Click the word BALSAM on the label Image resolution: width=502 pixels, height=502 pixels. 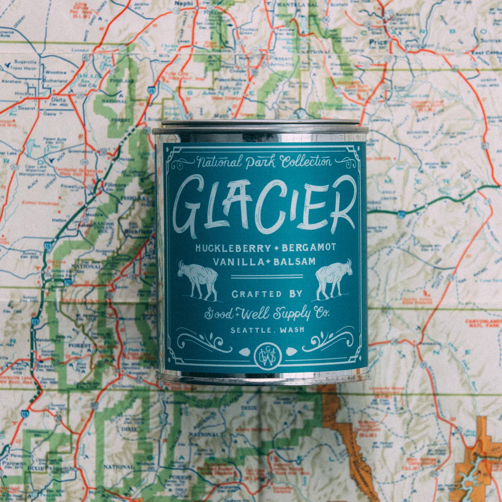(295, 261)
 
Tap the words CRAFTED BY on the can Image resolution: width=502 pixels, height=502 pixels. (267, 294)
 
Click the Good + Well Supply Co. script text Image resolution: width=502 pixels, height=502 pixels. (267, 314)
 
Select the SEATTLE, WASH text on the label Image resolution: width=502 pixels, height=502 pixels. (267, 330)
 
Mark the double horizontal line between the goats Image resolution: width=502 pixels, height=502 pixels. (267, 276)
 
